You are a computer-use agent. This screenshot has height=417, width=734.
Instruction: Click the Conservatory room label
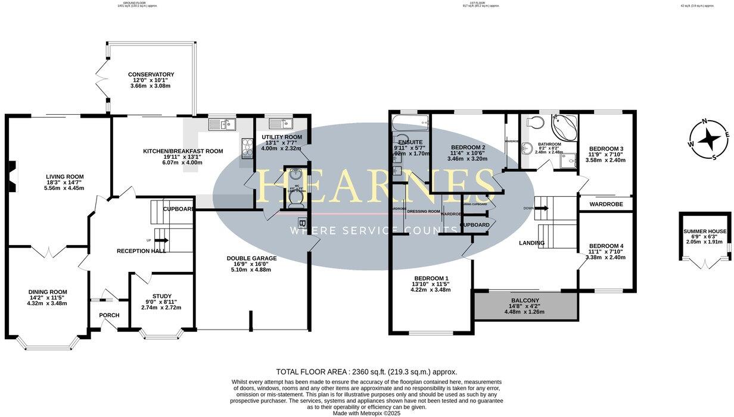[151, 75]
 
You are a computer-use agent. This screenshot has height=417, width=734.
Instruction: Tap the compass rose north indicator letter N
[705, 122]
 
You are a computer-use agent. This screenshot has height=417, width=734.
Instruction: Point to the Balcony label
[525, 300]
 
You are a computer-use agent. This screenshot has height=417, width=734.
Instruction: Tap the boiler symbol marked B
[301, 223]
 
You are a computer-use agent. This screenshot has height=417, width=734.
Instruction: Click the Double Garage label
[251, 259]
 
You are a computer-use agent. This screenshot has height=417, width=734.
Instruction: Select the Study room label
[161, 296]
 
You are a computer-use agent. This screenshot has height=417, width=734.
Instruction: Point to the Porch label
[109, 315]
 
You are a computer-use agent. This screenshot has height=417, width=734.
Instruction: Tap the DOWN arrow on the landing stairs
[540, 208]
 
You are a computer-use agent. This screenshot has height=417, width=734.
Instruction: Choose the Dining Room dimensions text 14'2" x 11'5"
[47, 297]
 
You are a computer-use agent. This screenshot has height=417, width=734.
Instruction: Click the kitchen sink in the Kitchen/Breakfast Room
[222, 124]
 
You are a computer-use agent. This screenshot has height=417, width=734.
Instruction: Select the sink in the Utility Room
[278, 124]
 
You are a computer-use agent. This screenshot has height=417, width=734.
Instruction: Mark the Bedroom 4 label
[606, 246]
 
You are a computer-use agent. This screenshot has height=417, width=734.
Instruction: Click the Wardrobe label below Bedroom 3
[606, 204]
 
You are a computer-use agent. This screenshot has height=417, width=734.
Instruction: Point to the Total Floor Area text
[366, 371]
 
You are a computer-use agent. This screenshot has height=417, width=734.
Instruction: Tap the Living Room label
[65, 177]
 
